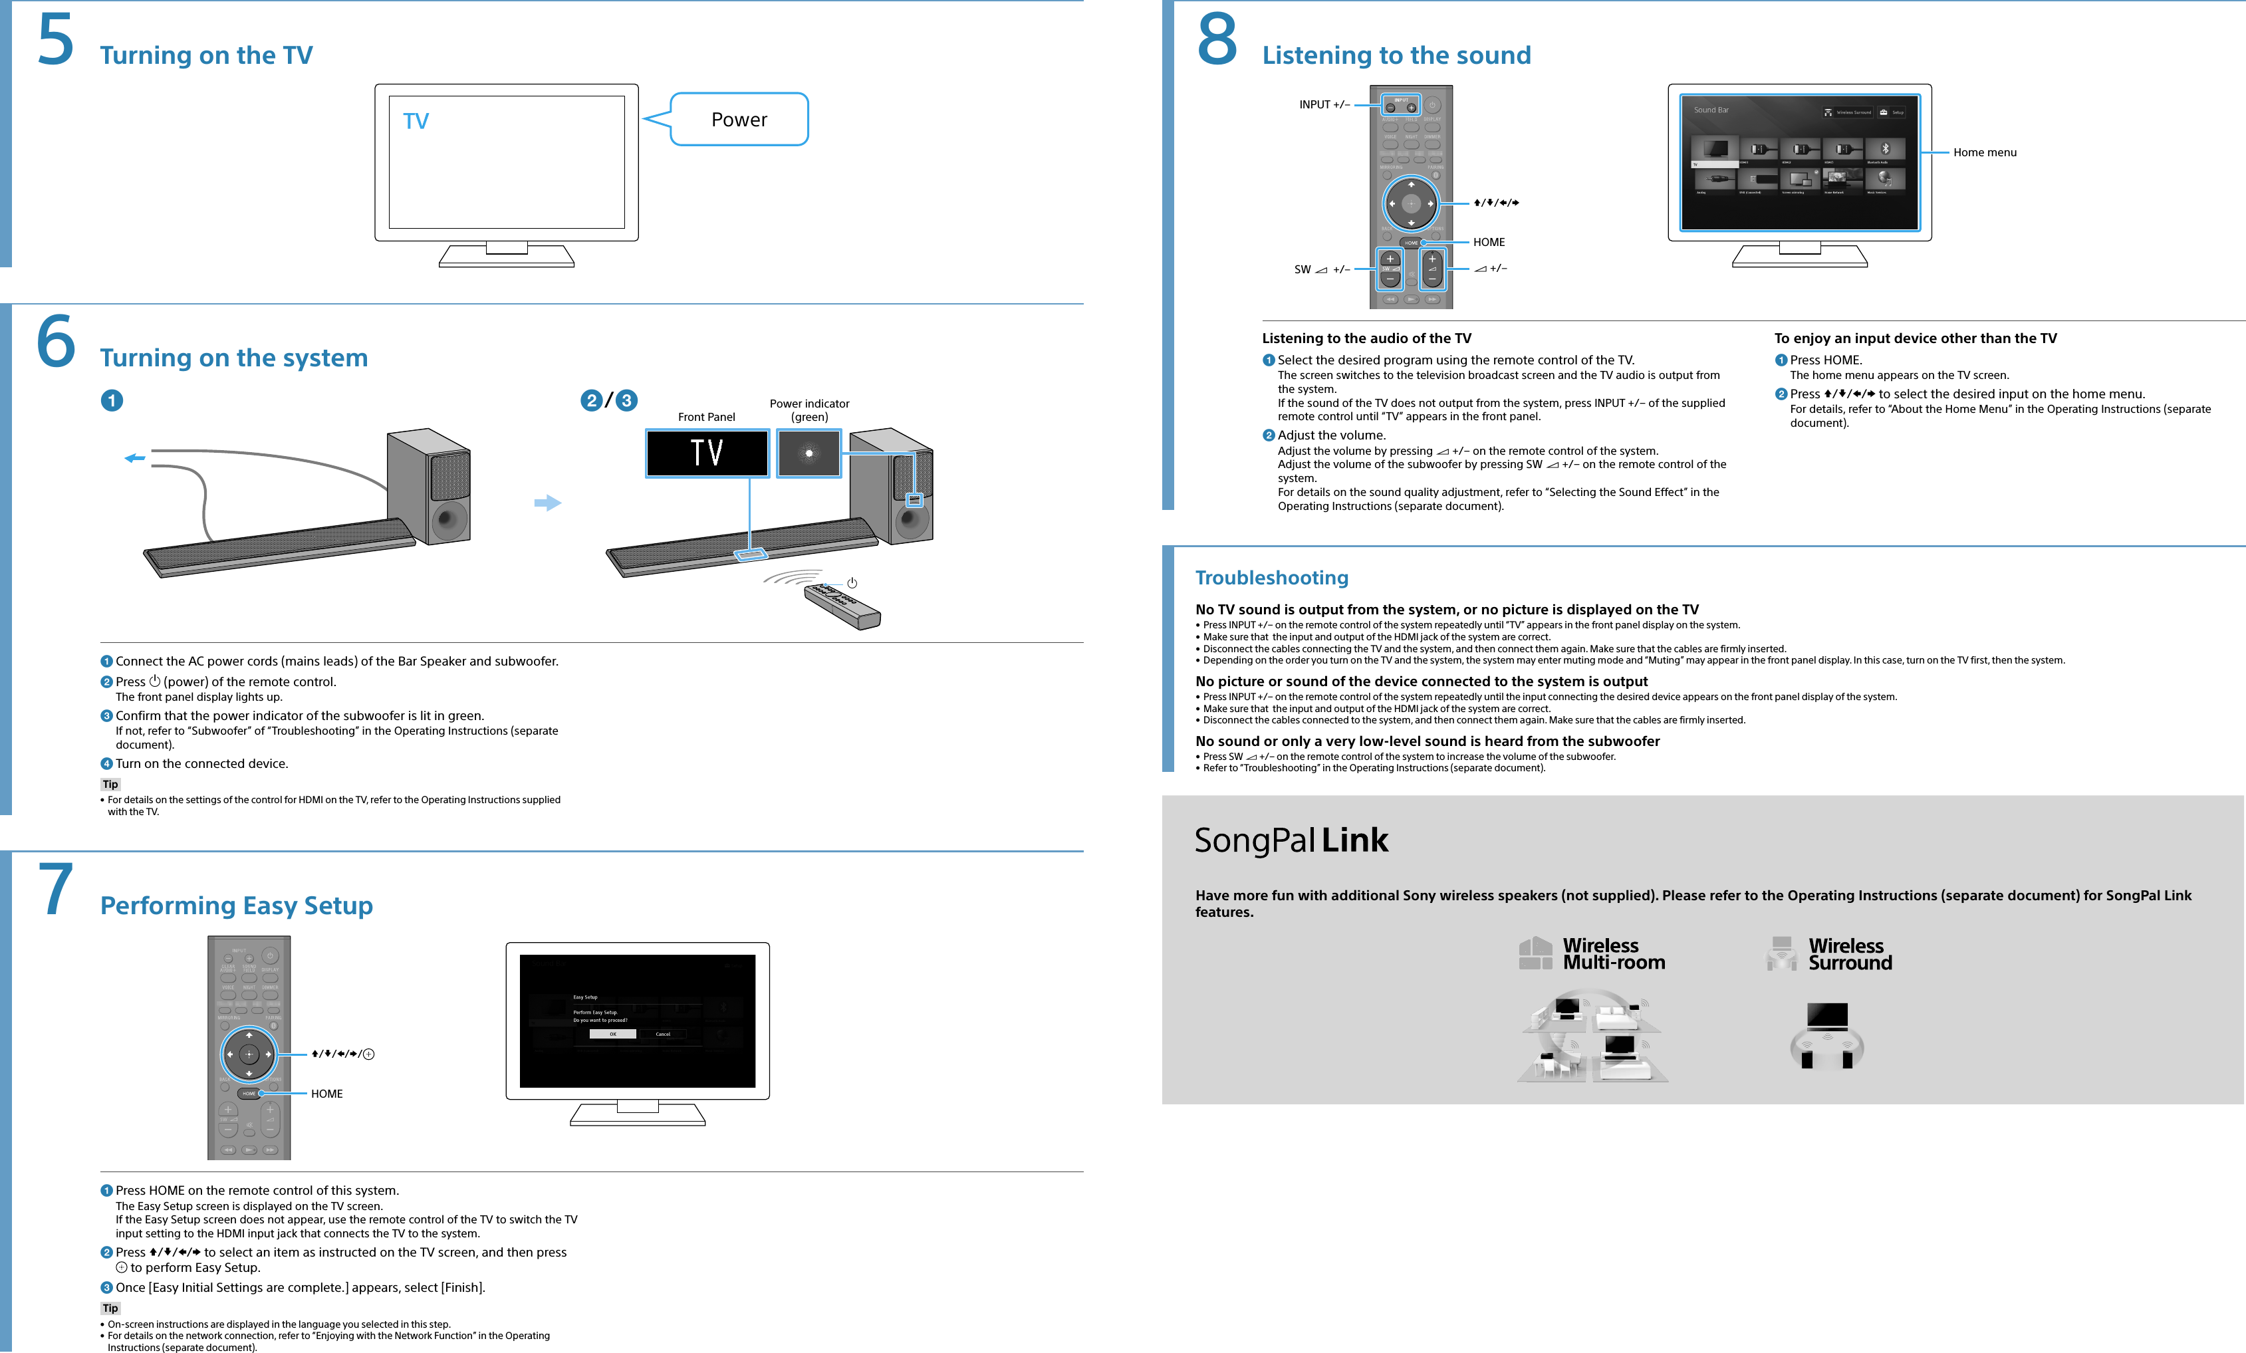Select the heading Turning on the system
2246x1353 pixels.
click(233, 358)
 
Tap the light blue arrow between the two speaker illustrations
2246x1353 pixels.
click(547, 503)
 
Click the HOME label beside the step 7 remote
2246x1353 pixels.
click(326, 1093)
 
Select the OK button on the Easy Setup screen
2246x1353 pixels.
click(612, 1034)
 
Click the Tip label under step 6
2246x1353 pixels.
click(110, 784)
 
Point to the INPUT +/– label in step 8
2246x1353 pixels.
click(1324, 105)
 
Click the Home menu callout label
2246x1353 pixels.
click(1985, 152)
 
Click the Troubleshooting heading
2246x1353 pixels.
click(1271, 577)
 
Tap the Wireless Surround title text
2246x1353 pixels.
click(1850, 953)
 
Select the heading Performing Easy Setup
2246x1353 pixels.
click(236, 906)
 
